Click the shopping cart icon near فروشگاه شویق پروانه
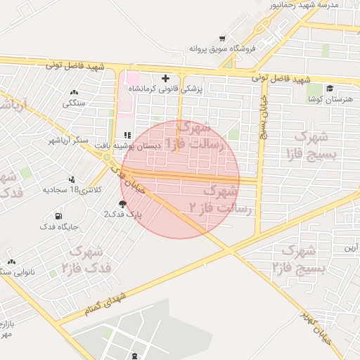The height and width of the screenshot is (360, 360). [222, 39]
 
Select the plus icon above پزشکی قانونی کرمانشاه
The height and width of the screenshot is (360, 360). [165, 78]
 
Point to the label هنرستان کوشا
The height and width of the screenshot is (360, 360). [330, 100]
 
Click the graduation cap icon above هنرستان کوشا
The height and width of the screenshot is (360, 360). [329, 89]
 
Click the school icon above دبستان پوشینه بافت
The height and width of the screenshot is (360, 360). [127, 135]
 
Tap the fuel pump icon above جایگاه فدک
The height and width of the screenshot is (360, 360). [58, 215]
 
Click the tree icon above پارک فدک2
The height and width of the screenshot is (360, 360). [122, 204]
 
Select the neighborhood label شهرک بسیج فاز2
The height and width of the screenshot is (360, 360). [299, 258]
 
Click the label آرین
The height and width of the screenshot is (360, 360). [350, 247]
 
